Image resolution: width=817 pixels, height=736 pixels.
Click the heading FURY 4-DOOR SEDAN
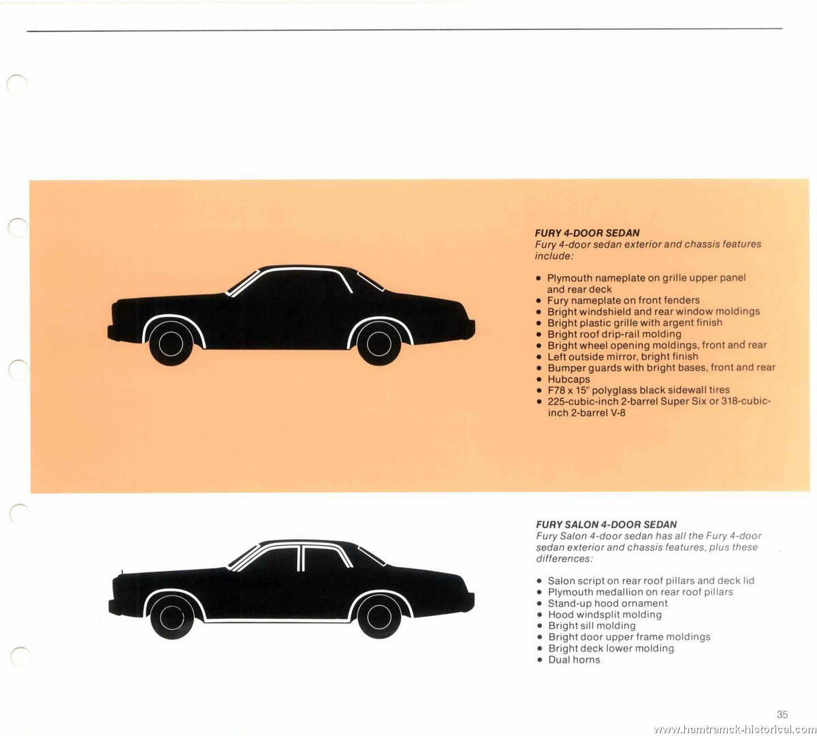point(587,233)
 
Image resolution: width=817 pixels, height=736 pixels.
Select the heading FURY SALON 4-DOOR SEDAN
point(607,525)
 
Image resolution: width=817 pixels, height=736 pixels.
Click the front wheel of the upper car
point(171,343)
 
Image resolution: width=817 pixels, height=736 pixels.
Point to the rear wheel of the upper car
point(379,343)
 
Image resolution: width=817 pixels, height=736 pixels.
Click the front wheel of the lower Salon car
point(172,617)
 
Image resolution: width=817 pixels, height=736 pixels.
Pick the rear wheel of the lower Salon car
point(379,617)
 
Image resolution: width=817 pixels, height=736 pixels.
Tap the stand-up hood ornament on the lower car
point(122,572)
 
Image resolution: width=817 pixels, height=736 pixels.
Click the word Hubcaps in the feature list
point(568,379)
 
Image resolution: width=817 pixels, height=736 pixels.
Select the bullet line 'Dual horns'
point(574,660)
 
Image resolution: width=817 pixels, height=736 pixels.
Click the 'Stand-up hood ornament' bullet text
point(608,603)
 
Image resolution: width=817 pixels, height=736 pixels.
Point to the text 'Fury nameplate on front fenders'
point(623,301)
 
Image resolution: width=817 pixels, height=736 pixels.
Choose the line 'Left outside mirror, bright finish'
point(623,357)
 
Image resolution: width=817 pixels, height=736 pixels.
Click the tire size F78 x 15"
point(568,390)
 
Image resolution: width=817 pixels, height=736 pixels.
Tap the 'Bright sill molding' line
point(592,626)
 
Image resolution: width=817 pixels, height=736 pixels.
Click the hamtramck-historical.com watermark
point(734,729)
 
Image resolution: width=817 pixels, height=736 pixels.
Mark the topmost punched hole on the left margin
point(17,85)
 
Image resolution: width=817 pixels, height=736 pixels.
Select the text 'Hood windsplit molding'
point(605,615)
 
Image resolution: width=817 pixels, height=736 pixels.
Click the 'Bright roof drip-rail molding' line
point(614,335)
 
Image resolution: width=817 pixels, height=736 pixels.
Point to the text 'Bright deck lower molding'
point(611,648)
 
